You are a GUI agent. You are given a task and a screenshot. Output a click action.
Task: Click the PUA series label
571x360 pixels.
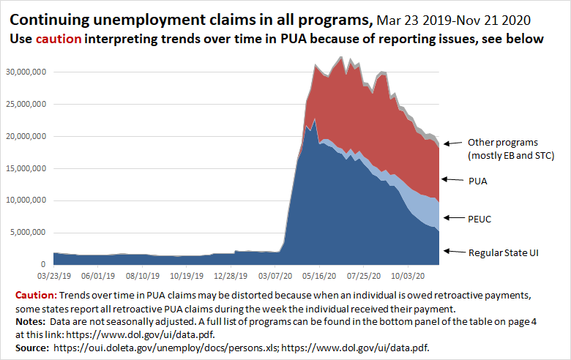pos(477,179)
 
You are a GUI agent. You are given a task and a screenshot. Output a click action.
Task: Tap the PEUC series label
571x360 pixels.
pos(479,218)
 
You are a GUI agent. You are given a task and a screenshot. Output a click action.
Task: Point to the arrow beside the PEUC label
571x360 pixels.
pos(451,218)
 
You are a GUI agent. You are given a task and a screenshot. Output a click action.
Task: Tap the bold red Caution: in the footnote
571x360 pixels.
pos(35,295)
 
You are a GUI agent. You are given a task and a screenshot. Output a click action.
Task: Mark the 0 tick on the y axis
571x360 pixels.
pos(45,264)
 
